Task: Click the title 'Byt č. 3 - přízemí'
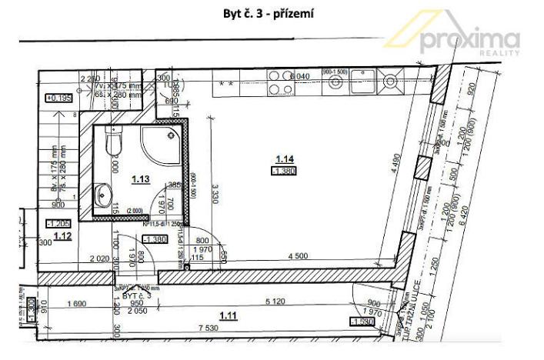[272, 13]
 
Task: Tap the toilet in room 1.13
[112, 142]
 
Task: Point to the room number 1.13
[140, 179]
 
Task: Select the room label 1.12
[63, 236]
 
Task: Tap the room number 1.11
[229, 314]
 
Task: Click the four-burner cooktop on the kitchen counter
[278, 82]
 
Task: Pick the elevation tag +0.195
[59, 98]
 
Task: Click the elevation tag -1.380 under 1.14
[284, 171]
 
